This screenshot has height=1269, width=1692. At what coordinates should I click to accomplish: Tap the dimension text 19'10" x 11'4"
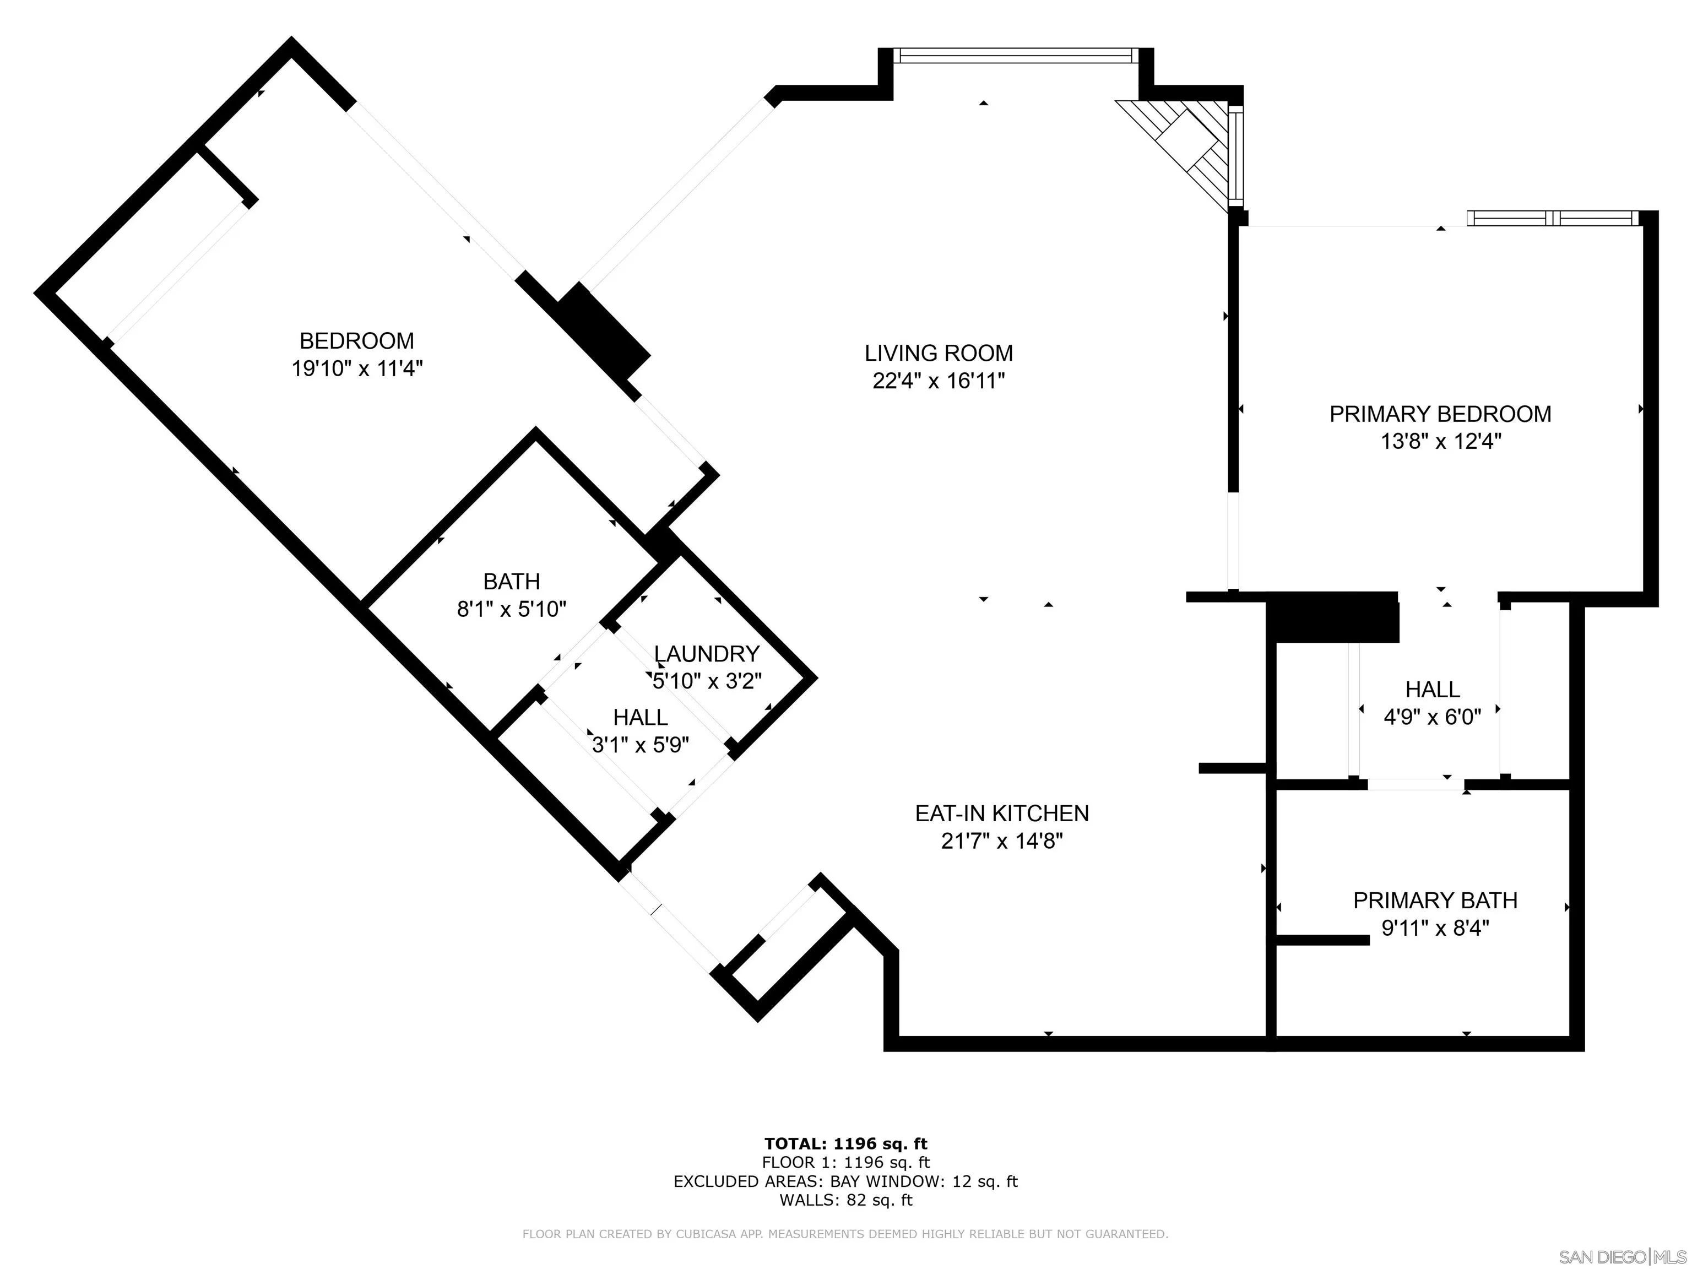357,368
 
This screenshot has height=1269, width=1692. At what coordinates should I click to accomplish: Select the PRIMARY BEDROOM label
1440,414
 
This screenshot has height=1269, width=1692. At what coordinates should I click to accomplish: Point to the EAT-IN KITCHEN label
1002,813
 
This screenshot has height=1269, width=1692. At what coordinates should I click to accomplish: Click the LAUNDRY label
707,653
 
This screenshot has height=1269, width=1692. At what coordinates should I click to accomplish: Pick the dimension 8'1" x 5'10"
512,609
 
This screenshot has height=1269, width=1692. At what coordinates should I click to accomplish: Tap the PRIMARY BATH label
1436,901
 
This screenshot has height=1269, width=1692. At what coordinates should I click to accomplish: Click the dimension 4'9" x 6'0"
1433,717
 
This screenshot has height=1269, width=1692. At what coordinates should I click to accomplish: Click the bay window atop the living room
1015,55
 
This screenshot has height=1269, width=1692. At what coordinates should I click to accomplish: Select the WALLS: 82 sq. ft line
846,1200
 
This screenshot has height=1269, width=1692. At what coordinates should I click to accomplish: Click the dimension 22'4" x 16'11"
939,381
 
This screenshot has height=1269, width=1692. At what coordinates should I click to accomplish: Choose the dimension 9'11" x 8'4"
1436,928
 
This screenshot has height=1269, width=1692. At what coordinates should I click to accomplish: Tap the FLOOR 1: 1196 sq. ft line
845,1163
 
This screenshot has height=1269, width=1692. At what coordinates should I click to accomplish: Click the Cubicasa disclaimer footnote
845,1233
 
